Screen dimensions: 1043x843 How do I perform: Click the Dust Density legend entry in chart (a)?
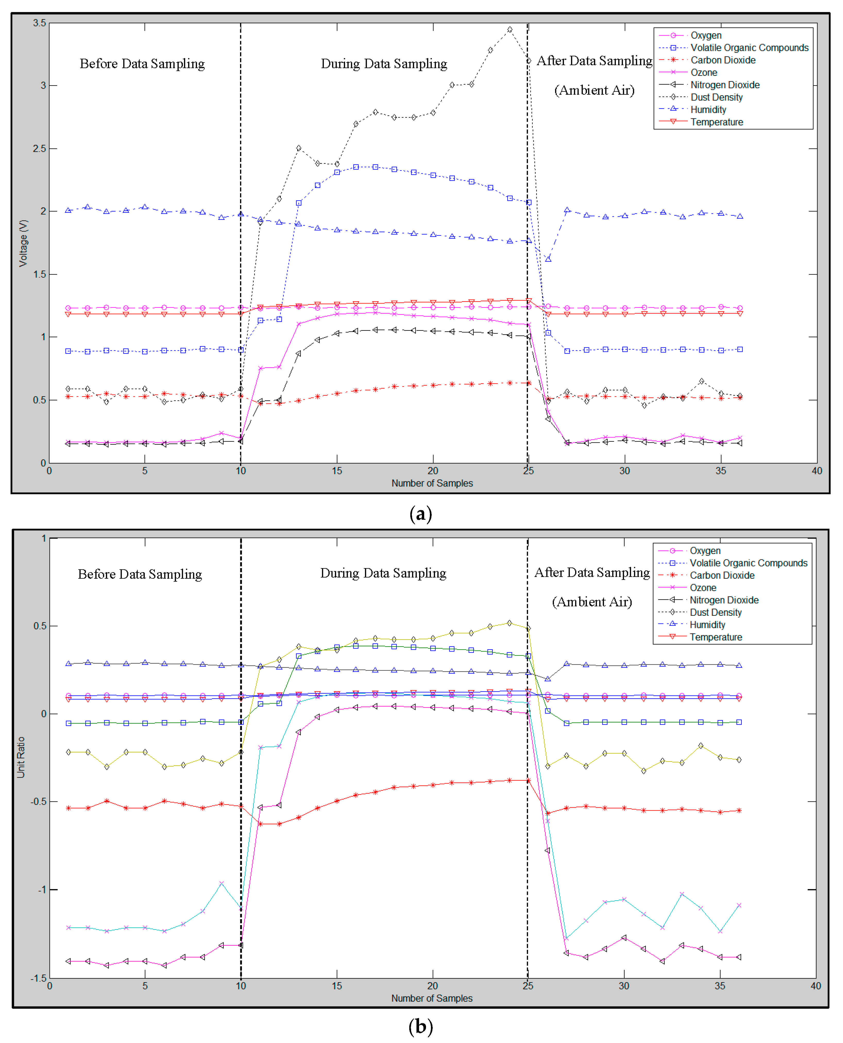(716, 97)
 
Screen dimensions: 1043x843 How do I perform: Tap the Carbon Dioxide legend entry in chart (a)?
(722, 60)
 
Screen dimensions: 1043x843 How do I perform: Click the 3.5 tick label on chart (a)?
(39, 23)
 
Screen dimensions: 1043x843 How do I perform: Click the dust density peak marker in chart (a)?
(509, 30)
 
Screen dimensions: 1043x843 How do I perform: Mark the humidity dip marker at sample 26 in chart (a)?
(548, 259)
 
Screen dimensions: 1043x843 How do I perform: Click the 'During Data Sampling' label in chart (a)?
(384, 64)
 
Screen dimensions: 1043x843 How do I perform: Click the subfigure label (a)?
(421, 514)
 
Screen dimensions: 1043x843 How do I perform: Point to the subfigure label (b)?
(421, 1027)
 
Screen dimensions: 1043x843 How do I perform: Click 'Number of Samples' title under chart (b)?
(432, 998)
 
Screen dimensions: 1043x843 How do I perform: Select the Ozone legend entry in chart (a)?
(704, 72)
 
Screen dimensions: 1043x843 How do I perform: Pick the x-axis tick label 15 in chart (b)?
(337, 986)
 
